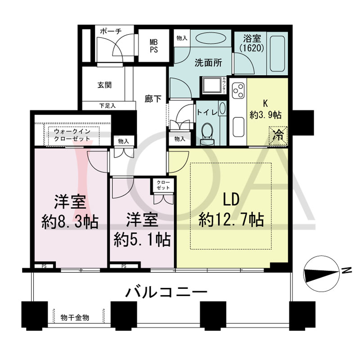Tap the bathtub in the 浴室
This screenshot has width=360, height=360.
click(x=277, y=54)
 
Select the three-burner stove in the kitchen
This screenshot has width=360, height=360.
click(x=238, y=90)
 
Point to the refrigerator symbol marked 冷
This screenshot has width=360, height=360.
click(x=278, y=135)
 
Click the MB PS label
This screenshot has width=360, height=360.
click(x=154, y=46)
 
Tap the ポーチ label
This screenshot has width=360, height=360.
click(x=111, y=31)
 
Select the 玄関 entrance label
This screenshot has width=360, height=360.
click(x=104, y=85)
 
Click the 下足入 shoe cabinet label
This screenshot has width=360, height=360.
click(x=107, y=106)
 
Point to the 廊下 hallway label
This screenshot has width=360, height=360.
click(x=153, y=99)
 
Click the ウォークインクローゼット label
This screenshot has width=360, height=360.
click(x=72, y=135)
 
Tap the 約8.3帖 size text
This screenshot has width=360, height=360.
click(x=70, y=221)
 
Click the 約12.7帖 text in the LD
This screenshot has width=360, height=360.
click(x=231, y=219)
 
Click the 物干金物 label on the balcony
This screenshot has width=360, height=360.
click(x=75, y=318)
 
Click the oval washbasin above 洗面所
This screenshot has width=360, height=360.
click(x=211, y=38)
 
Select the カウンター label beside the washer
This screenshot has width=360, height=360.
click(x=224, y=85)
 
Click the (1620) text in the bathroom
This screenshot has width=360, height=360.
click(x=252, y=48)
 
